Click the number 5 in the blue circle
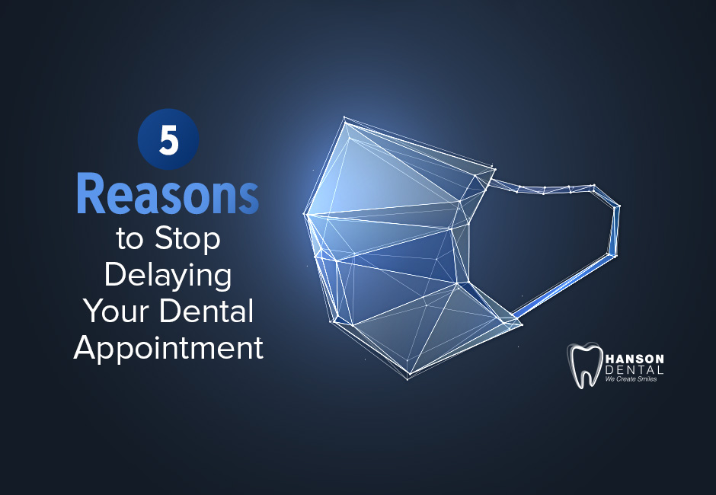[x=168, y=142]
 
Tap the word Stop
[x=187, y=239]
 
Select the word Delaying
[x=168, y=275]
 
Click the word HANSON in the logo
[x=634, y=358]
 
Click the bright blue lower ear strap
[x=564, y=286]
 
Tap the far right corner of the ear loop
[x=619, y=206]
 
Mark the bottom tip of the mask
[x=408, y=376]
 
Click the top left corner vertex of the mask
[x=345, y=120]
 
